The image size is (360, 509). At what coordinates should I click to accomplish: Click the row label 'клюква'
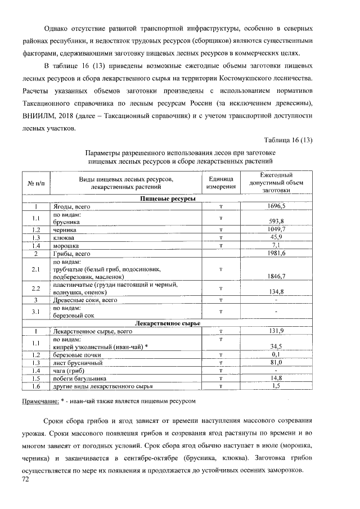click(64, 238)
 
